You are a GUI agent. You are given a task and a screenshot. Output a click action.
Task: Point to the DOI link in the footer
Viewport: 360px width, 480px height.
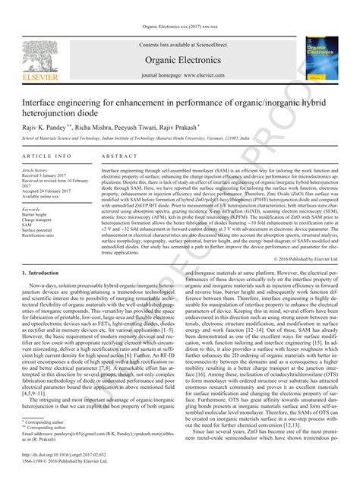(64, 455)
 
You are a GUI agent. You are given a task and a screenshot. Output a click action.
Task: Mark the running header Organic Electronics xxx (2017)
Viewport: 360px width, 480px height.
(179, 27)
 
